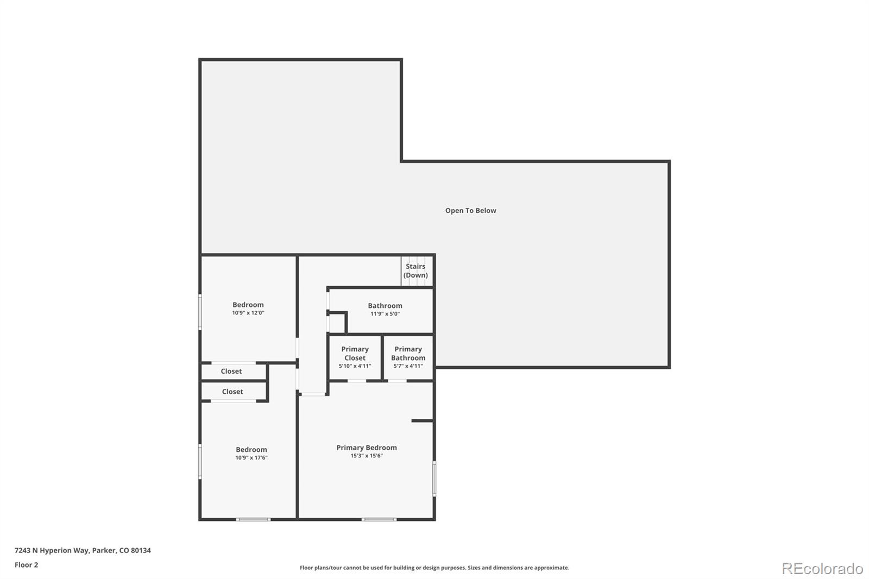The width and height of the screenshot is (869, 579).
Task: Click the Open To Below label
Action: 470,211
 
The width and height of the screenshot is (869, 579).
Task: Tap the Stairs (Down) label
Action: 415,271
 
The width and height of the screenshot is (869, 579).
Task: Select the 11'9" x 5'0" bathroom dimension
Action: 385,314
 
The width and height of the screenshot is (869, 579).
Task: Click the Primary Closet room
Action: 355,357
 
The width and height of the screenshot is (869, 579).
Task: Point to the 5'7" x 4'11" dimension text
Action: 408,366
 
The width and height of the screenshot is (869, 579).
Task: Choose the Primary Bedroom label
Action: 367,448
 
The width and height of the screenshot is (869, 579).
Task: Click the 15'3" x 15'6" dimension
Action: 367,456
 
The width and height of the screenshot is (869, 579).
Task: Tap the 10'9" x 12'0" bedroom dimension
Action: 248,313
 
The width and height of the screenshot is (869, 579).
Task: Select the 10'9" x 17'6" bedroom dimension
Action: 251,457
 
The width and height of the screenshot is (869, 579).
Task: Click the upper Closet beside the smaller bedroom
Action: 231,372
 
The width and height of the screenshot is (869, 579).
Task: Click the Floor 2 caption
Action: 27,565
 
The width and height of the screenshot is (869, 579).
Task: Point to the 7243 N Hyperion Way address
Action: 83,550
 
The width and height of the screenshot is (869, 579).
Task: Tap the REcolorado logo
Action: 822,569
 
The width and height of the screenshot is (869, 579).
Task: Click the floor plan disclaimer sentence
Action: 434,568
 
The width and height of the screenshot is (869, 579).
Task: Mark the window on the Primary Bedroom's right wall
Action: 434,479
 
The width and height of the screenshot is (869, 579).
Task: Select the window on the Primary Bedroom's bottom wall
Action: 379,519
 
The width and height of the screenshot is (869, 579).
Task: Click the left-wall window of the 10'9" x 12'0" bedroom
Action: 200,312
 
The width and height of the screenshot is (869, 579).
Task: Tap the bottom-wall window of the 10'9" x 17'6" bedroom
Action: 253,519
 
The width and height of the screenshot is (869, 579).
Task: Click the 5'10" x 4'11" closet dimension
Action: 355,366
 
